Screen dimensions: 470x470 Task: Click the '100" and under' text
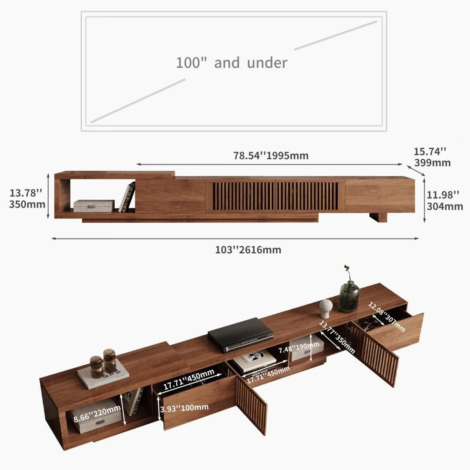[x=232, y=63]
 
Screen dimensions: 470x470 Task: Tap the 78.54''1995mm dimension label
[x=271, y=156]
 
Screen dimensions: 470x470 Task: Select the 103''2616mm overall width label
[x=248, y=250]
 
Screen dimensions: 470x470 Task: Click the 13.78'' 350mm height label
[x=27, y=198]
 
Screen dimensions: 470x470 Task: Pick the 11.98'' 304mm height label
[x=444, y=200]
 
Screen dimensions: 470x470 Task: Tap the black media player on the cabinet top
[x=240, y=334]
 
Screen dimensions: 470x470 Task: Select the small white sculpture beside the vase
[x=326, y=308]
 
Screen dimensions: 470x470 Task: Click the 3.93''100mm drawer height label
[x=184, y=407]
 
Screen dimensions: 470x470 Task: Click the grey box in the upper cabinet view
[x=94, y=205]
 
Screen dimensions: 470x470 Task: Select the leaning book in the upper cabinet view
[x=127, y=197]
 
